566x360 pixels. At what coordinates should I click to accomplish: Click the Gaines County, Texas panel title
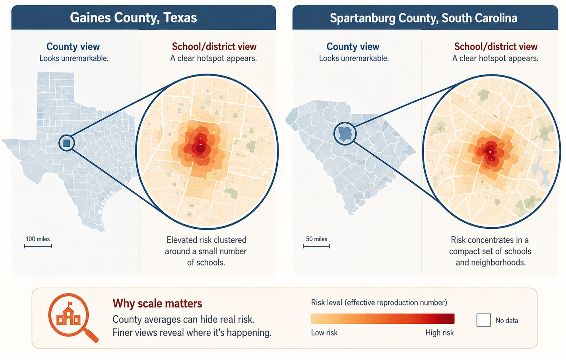point(134,18)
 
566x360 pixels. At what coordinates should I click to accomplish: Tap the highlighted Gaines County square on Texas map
point(66,143)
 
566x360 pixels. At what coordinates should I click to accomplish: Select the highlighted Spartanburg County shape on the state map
point(345,134)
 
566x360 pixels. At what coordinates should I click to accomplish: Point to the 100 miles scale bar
point(38,246)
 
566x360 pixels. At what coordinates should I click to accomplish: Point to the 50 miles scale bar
point(316,246)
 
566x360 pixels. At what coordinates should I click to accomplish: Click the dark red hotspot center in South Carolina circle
point(490,152)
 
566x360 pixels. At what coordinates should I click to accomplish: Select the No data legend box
point(484,320)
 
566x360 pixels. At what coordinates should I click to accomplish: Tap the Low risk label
point(324,333)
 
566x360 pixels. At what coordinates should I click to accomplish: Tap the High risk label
point(440,333)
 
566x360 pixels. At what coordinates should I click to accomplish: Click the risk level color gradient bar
point(382,319)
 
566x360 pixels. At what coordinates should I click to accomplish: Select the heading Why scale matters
point(157,304)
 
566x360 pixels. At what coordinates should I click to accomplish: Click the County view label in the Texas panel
point(73,47)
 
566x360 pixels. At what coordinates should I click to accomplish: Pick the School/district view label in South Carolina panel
point(496,47)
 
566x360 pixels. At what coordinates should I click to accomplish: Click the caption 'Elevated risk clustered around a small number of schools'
point(206,251)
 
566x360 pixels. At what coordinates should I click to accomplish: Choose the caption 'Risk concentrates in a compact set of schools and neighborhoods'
point(490,251)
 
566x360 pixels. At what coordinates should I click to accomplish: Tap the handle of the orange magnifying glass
point(91,336)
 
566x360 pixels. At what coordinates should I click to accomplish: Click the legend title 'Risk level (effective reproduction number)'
point(379,303)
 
